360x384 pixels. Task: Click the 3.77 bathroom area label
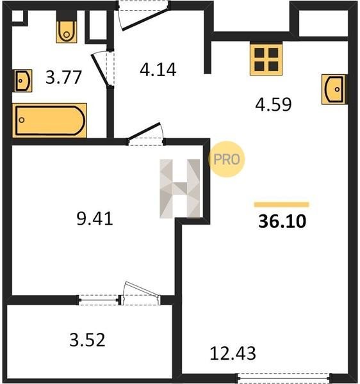pos(63,77)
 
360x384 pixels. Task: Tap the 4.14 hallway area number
pos(158,70)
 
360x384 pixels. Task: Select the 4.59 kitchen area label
pos(274,104)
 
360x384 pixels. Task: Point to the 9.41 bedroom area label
pos(95,219)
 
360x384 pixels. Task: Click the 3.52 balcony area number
pos(88,340)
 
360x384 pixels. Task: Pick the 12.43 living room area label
pos(233,353)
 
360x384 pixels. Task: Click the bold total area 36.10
pos(282,221)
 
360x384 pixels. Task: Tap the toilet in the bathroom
pos(67,32)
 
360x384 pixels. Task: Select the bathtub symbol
pos(49,120)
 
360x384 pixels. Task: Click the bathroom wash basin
pos(23,81)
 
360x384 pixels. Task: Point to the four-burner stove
pos(266,59)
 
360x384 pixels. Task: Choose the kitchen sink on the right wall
pos(334,90)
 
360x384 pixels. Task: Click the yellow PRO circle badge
pos(226,159)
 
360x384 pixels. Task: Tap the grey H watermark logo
pos(179,189)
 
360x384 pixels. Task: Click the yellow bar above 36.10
pos(282,205)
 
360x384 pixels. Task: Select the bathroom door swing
pos(101,70)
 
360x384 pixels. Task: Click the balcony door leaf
pos(141,292)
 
